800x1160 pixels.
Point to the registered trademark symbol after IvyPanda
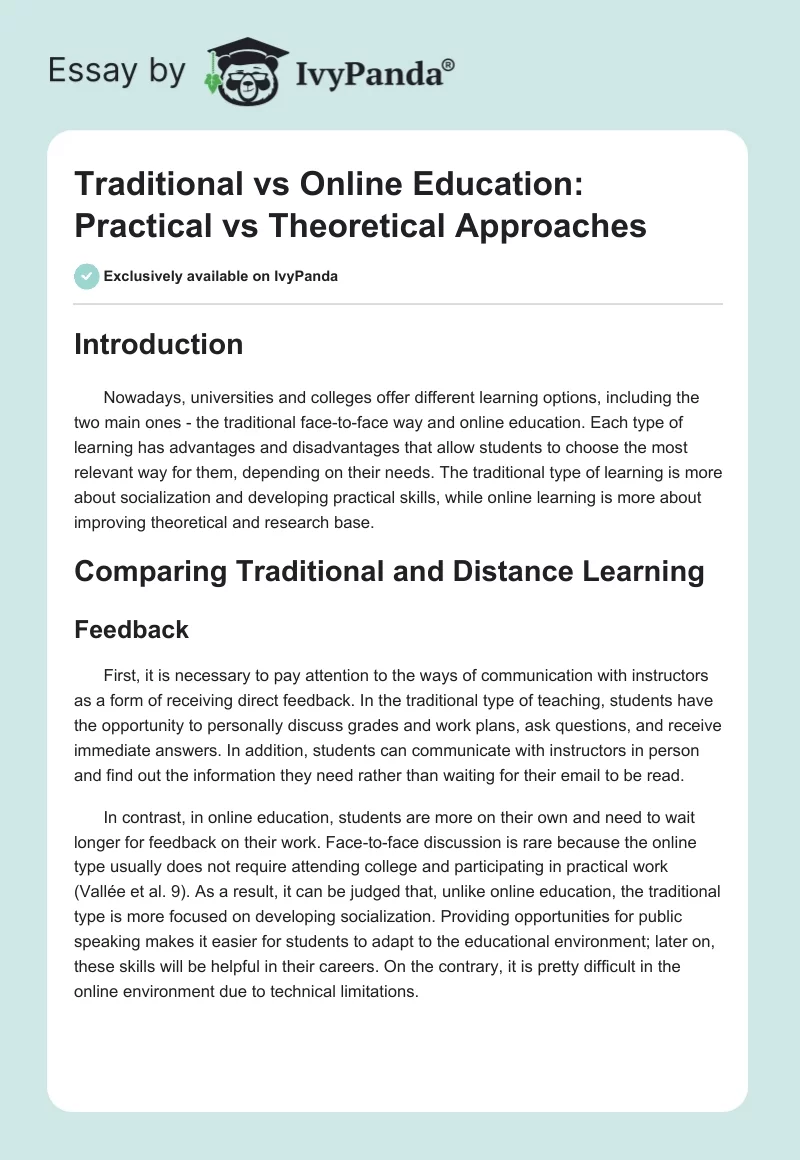(x=449, y=63)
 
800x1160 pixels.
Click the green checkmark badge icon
(x=87, y=276)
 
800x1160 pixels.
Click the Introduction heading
(x=159, y=344)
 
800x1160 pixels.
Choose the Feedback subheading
(x=132, y=629)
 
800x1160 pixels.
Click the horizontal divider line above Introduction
(x=399, y=304)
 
